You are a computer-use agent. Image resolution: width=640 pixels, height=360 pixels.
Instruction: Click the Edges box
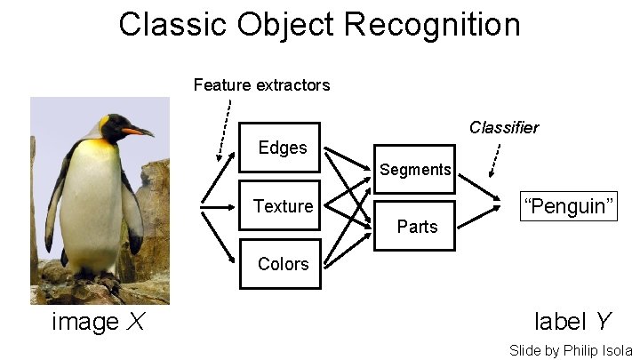(x=280, y=148)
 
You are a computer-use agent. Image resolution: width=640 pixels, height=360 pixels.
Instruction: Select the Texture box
(x=280, y=206)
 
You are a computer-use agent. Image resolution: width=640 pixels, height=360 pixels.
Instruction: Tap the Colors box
(x=280, y=264)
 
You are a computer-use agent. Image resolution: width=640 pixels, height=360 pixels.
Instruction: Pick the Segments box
(x=414, y=169)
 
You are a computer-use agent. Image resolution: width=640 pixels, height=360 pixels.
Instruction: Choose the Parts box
(x=414, y=227)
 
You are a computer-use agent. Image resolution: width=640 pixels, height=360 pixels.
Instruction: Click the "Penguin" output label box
(x=568, y=207)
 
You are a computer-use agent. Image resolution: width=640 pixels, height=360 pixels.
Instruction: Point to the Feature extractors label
(x=261, y=85)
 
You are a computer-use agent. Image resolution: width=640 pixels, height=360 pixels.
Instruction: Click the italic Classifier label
(x=503, y=127)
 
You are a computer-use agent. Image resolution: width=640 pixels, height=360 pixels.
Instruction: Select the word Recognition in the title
(x=433, y=24)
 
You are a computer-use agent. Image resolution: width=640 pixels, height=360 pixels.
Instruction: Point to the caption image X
(x=98, y=322)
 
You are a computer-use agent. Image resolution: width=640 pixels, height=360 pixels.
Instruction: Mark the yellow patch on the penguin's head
(x=105, y=121)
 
